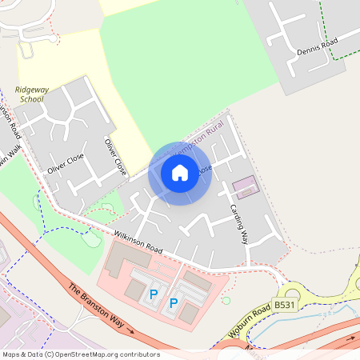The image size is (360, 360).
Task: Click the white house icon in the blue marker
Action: (180, 172)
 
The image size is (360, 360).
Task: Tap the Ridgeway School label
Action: (30, 94)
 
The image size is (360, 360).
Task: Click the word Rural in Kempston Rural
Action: (214, 130)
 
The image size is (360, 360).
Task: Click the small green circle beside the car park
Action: (226, 301)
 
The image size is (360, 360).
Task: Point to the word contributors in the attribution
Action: (137, 354)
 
